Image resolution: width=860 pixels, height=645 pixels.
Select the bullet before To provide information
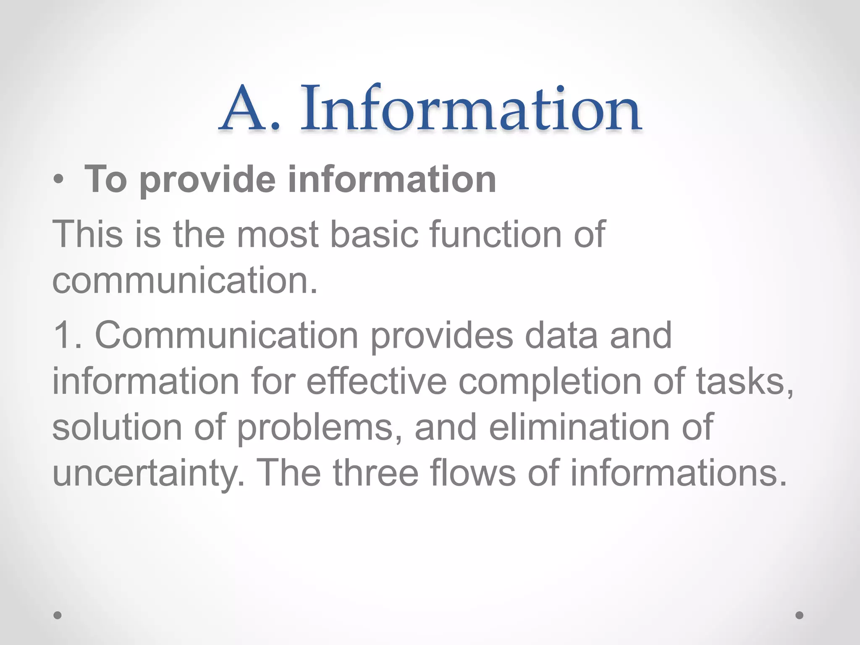click(59, 180)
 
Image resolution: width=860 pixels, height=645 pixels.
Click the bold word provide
click(207, 180)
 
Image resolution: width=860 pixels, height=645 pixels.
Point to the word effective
click(376, 381)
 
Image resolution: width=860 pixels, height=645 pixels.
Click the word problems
click(320, 427)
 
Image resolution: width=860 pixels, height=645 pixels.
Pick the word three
click(376, 474)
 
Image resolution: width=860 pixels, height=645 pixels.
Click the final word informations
click(677, 474)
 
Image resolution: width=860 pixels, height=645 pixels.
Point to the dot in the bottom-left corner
click(58, 615)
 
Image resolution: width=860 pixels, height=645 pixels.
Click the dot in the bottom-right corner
click(800, 615)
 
